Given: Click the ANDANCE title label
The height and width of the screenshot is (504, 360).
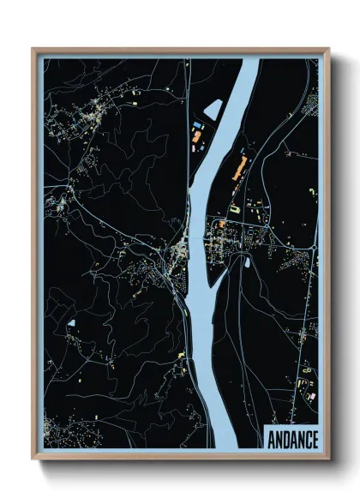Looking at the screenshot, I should pyautogui.click(x=292, y=440).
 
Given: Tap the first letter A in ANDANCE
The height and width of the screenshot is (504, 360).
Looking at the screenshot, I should pyautogui.click(x=273, y=440).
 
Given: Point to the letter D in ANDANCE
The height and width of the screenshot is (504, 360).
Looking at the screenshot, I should pyautogui.click(x=287, y=440).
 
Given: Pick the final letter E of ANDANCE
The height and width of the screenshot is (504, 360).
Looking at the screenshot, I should pyautogui.click(x=314, y=440).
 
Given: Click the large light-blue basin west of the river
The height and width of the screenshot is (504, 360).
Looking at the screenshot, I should pyautogui.click(x=213, y=109).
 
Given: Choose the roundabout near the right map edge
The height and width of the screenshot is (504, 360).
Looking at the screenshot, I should pyautogui.click(x=314, y=248).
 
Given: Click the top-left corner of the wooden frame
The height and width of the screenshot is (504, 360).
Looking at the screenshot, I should pyautogui.click(x=33, y=50).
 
